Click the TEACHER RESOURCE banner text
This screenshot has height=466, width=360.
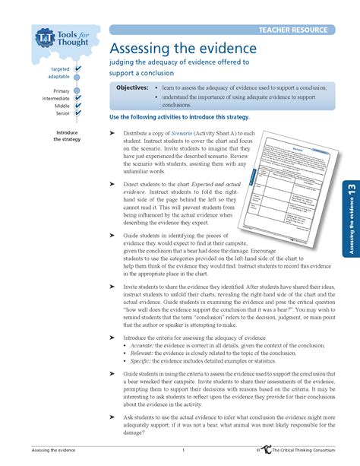pos(292,30)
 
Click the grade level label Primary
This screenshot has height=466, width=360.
pos(61,91)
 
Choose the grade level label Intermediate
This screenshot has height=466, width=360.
pos(56,99)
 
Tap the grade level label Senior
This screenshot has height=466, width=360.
pos(63,113)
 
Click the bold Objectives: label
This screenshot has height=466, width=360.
pos(132,88)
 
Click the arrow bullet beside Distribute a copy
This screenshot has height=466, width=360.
pos(113,133)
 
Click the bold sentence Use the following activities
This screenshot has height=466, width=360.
pos(179,118)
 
